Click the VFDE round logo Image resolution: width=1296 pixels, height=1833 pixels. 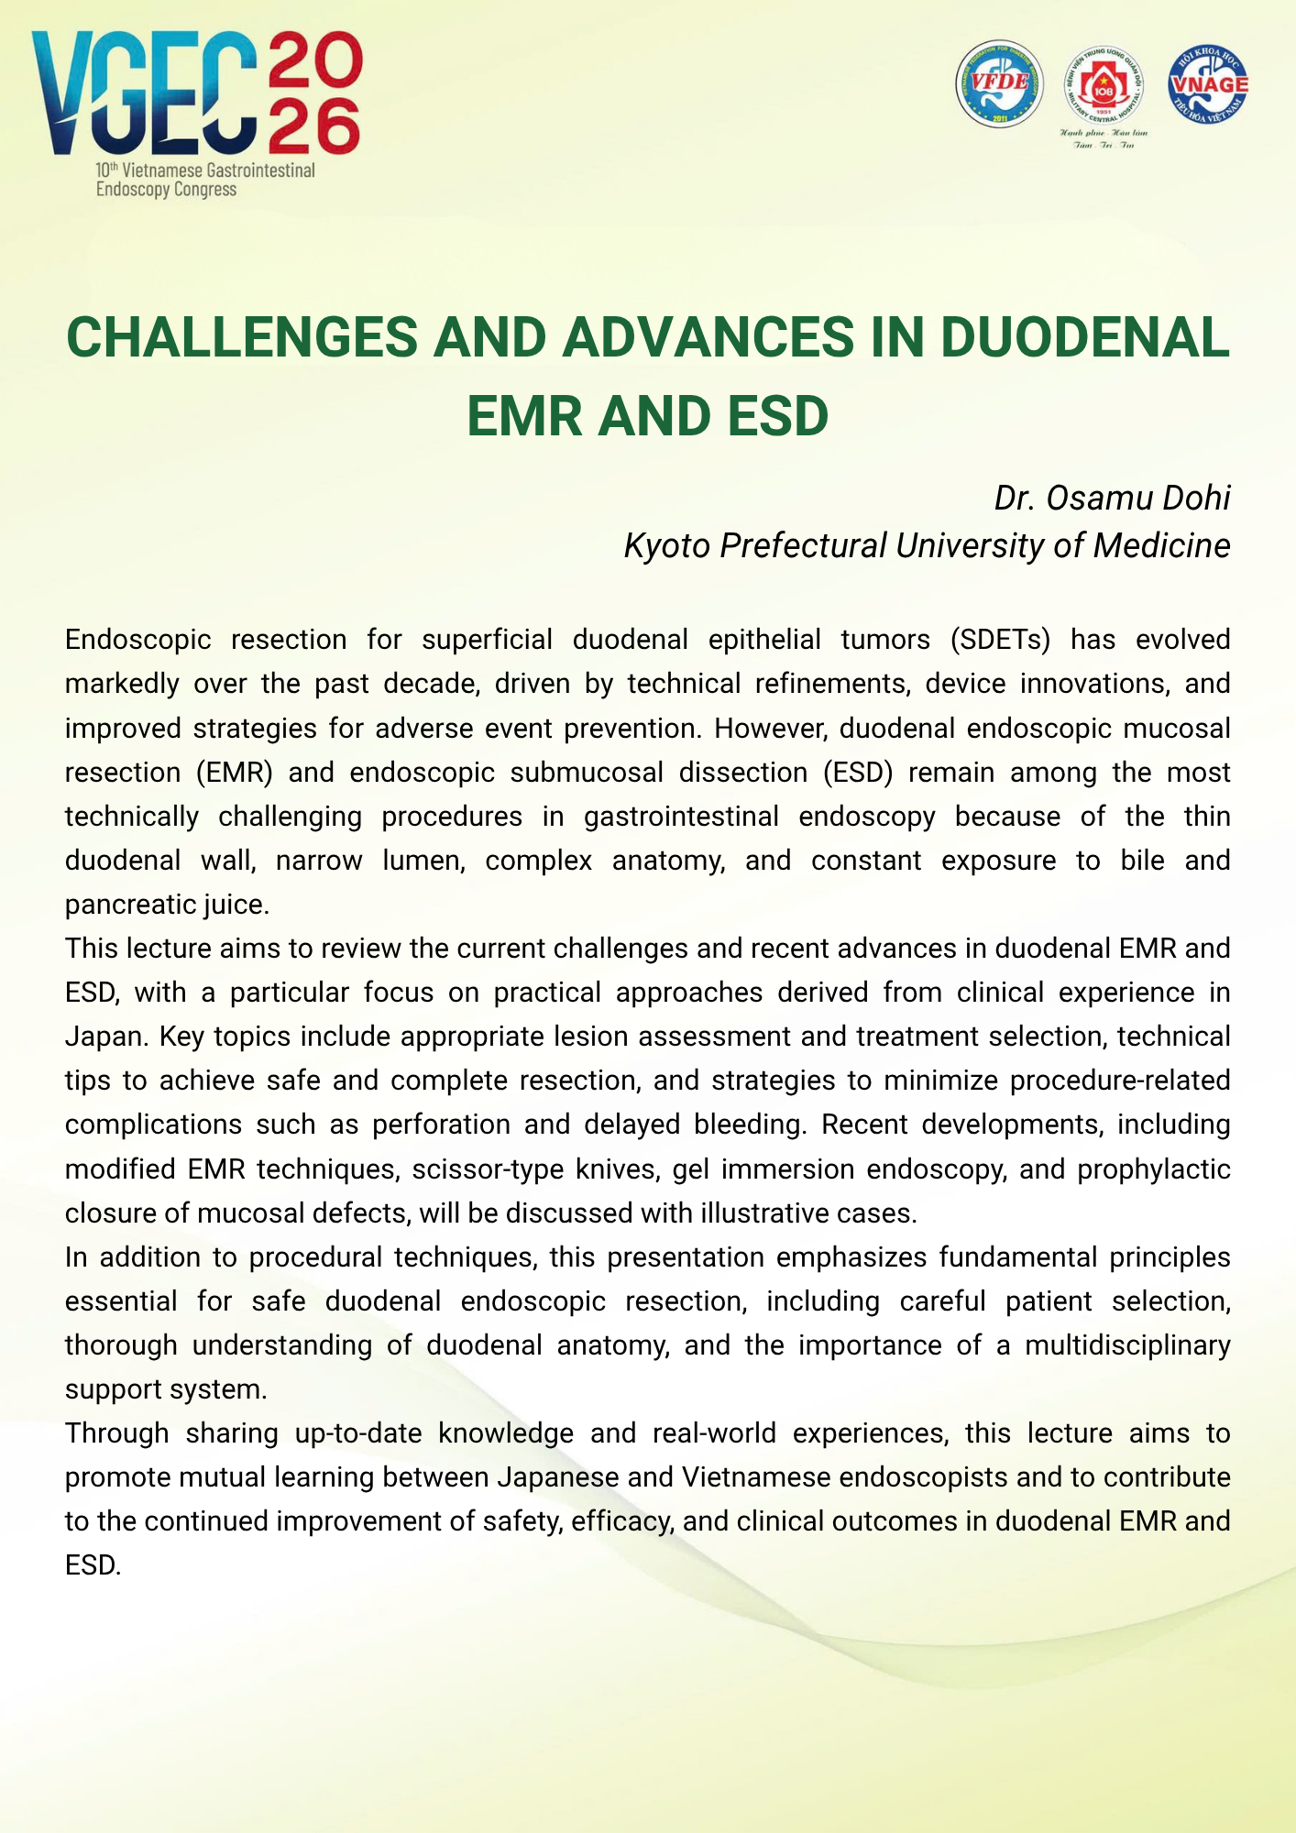click(999, 83)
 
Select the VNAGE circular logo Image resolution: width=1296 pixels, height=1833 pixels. click(1208, 84)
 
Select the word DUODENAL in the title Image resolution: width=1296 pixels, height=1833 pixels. click(1084, 337)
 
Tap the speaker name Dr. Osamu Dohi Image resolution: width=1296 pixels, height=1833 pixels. click(1112, 498)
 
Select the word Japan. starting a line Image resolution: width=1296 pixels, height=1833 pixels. click(104, 1037)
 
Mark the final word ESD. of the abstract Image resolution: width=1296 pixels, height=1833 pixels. click(93, 1565)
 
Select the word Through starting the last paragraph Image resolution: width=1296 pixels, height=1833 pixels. click(116, 1433)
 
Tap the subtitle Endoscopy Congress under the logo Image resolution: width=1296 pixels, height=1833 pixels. click(166, 190)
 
